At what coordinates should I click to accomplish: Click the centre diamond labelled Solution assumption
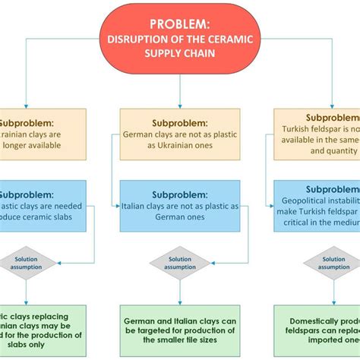pos(179,263)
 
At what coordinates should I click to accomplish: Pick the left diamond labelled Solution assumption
pos(27,263)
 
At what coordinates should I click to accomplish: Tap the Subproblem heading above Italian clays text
pos(179,194)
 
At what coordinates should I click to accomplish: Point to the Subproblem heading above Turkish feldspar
pos(333,118)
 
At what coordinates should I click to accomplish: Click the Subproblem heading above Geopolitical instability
pos(333,190)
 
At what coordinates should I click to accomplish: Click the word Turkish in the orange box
pos(304,130)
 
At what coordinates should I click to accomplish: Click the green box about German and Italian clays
pos(179,327)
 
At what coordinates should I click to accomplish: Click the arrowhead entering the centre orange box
pos(179,105)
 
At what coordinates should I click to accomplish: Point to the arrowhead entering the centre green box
pos(179,302)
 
